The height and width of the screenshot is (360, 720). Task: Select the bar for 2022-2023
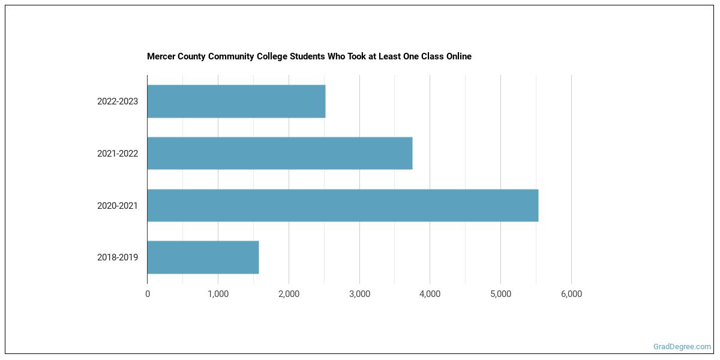[236, 101]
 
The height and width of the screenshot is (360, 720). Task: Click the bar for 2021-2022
[280, 153]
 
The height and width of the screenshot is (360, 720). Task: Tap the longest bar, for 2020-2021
[343, 205]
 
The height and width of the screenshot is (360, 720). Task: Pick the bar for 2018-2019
[203, 257]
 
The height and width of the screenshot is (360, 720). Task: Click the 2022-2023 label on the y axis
[118, 101]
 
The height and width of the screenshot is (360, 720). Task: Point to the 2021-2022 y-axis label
[118, 154]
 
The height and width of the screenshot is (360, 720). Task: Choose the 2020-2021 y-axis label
[118, 206]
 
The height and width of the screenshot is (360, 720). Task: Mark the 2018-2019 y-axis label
[118, 257]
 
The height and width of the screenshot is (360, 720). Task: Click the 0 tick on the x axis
[148, 294]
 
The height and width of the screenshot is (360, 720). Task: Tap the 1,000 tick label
[218, 294]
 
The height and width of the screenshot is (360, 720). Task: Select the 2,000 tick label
[289, 294]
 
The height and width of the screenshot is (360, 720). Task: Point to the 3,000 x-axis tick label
[359, 294]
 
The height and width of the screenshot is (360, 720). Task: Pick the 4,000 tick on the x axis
[430, 294]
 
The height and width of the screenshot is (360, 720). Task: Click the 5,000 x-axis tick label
[500, 294]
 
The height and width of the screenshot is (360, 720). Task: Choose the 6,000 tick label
[571, 294]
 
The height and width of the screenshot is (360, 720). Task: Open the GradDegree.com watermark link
[682, 347]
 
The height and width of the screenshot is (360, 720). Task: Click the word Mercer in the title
[161, 56]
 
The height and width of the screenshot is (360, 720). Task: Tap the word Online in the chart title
[458, 56]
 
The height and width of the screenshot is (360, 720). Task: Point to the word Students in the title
[307, 56]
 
